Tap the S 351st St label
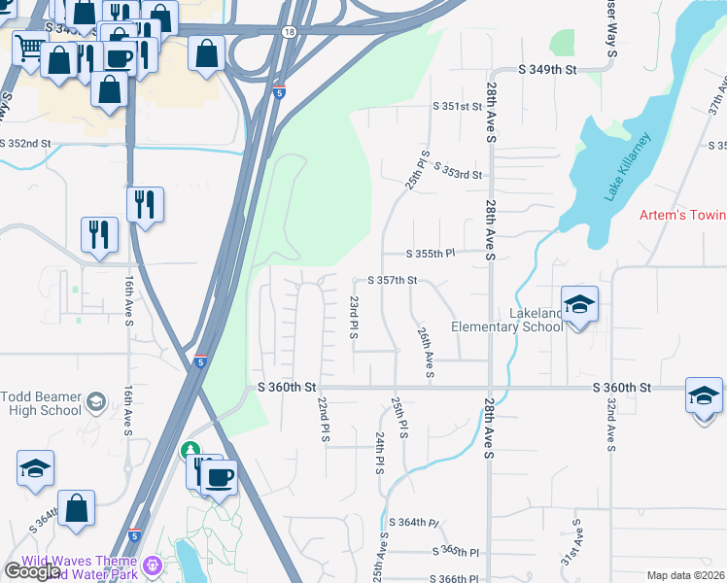click(457, 106)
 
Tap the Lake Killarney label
click(625, 165)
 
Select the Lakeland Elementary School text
click(507, 320)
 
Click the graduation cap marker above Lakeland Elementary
click(579, 304)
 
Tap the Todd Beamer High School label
click(41, 402)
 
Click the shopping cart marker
click(30, 46)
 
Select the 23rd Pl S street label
click(354, 319)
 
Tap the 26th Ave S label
click(425, 352)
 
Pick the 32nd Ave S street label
click(609, 424)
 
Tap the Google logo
click(33, 572)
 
